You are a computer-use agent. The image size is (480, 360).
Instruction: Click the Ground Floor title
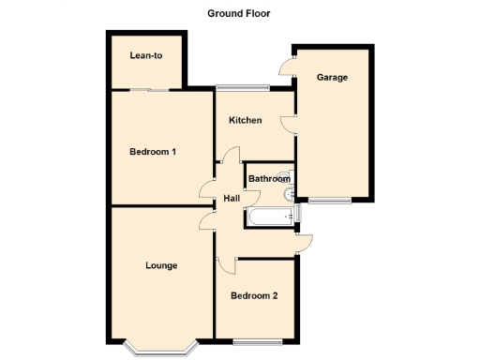(x=240, y=13)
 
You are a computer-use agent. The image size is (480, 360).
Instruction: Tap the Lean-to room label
(x=145, y=56)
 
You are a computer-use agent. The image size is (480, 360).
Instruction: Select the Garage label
(x=332, y=77)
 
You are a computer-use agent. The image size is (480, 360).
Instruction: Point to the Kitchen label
(x=246, y=121)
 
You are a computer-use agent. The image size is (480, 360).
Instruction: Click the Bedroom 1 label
(x=153, y=152)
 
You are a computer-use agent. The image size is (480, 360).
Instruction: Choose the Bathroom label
(x=269, y=178)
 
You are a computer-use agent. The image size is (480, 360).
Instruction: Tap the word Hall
(x=232, y=198)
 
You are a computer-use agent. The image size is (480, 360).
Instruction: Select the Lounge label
(x=161, y=265)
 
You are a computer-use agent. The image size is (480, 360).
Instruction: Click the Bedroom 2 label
(x=254, y=296)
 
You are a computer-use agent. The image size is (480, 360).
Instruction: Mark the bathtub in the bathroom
(x=271, y=218)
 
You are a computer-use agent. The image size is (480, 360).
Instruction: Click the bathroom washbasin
(x=290, y=194)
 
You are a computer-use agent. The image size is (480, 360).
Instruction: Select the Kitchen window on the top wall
(x=243, y=89)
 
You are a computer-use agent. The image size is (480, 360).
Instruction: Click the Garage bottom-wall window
(x=331, y=200)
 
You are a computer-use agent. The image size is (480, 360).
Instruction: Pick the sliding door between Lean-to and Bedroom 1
(x=150, y=89)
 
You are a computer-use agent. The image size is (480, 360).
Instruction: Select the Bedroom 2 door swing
(x=227, y=264)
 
